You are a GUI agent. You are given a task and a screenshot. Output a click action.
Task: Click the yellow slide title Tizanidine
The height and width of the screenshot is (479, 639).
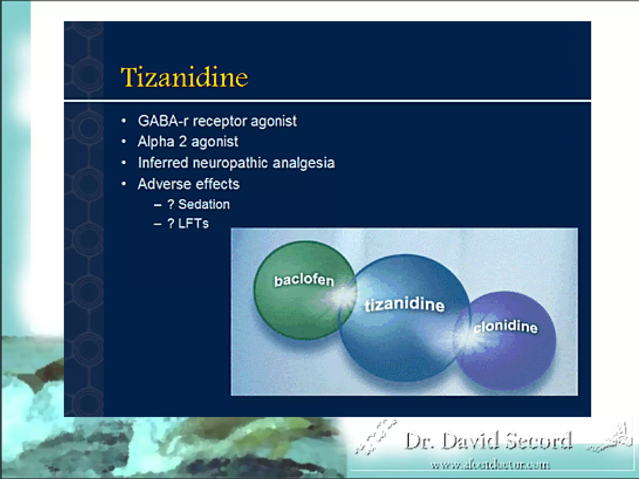184,77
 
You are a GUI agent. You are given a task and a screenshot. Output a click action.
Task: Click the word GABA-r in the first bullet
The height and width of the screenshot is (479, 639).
163,121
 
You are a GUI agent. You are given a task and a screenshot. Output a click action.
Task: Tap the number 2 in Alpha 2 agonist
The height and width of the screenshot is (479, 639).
183,142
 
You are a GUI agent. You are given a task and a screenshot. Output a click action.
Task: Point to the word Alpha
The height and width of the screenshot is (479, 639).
156,142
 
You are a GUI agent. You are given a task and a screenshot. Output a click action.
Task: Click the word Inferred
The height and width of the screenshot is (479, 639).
163,163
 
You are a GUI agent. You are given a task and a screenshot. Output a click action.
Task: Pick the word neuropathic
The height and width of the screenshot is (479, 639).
230,163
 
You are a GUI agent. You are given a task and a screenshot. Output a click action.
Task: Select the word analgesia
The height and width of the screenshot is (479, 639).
304,163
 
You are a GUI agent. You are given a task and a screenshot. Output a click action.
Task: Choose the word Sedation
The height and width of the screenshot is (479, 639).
204,205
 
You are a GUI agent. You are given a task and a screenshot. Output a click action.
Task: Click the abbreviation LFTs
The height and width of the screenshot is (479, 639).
193,224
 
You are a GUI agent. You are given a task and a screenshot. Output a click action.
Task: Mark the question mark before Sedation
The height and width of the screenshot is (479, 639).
171,205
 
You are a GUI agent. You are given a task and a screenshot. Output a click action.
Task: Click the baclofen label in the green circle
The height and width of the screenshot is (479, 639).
304,280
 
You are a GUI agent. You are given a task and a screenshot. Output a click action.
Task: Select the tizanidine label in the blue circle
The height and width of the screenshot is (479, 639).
405,305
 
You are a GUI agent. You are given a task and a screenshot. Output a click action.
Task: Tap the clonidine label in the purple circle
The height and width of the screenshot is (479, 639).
505,327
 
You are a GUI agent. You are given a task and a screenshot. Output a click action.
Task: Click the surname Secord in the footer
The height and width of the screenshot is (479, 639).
539,441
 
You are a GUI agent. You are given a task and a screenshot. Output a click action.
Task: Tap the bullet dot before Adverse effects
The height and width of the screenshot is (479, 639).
124,184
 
